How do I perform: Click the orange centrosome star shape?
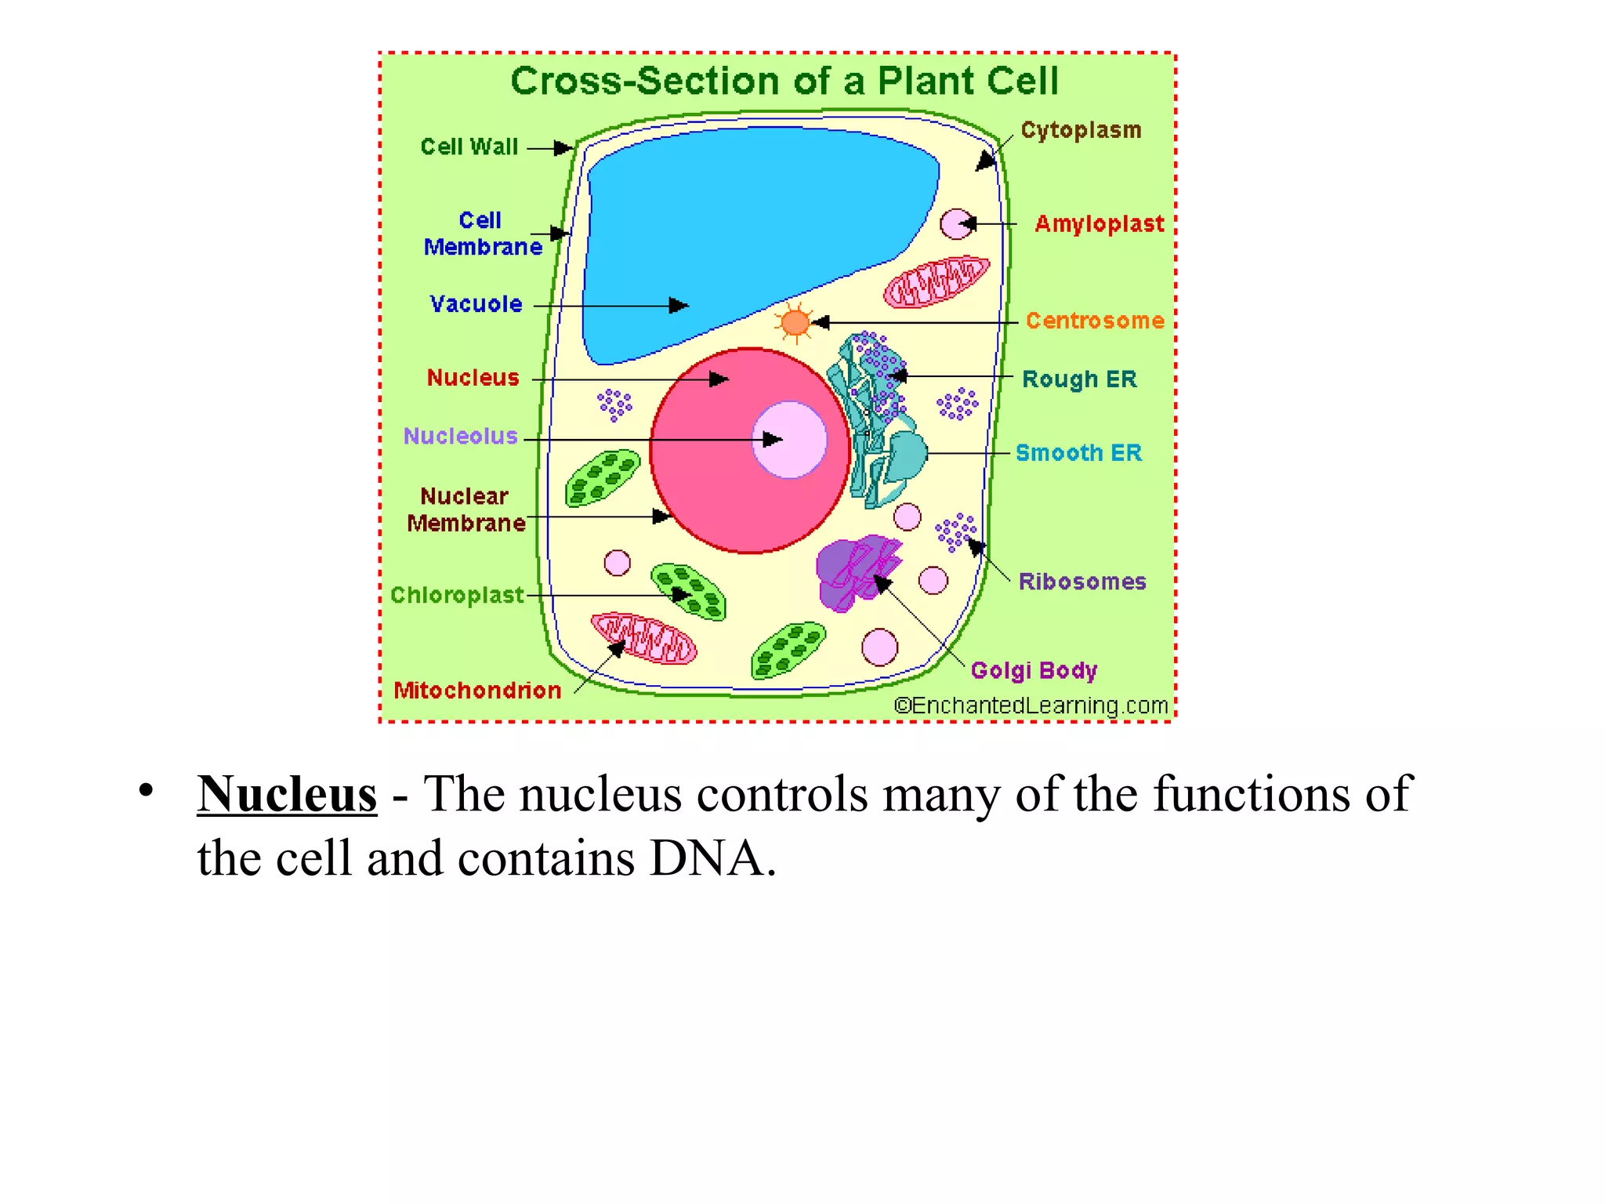795,322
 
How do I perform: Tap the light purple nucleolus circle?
789,440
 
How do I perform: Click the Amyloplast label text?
1099,224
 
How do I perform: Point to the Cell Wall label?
469,147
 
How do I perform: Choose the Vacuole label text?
476,304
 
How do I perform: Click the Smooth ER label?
1078,453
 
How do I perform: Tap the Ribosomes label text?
1081,582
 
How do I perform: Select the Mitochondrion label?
477,691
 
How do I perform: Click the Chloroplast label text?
457,596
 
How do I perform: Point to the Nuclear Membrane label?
466,510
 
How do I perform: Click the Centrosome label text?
1095,321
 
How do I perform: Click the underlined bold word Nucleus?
287,794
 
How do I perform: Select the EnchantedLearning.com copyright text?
1031,705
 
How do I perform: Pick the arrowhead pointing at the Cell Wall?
563,147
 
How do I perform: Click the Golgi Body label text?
1034,671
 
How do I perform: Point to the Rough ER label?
1079,379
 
